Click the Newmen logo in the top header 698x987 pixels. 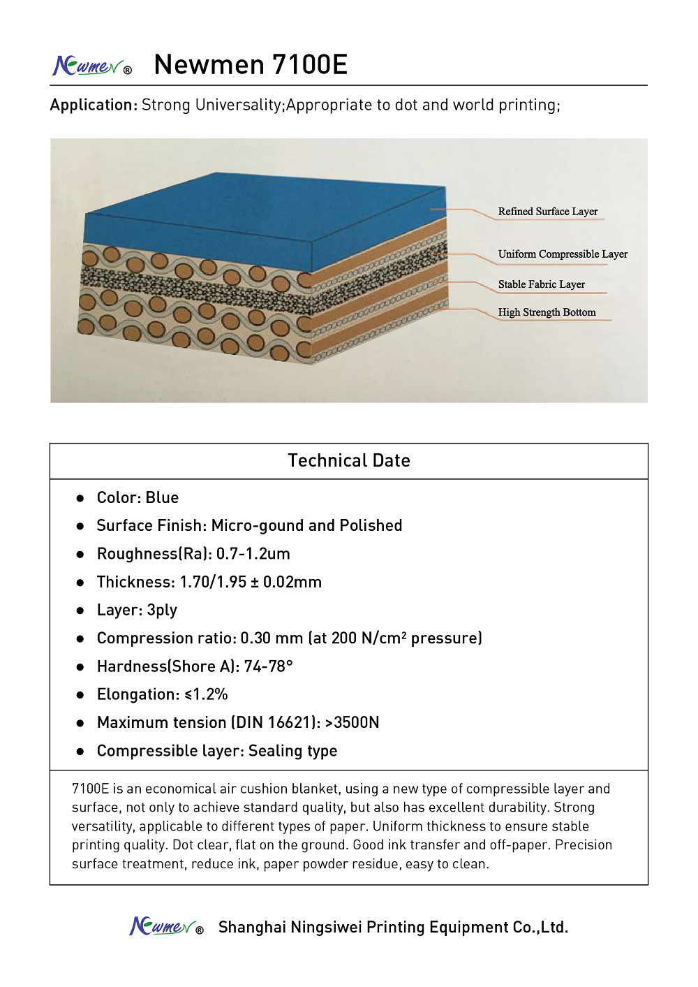tap(91, 66)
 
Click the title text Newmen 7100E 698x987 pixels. tap(251, 64)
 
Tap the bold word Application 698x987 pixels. tap(93, 105)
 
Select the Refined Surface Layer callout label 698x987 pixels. tap(548, 212)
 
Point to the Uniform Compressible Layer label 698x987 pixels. tap(563, 254)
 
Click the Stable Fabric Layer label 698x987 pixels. tap(542, 284)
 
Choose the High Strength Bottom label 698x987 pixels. tap(547, 312)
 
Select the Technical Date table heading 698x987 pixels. tap(349, 460)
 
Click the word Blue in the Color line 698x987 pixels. tap(162, 497)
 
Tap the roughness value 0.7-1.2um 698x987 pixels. tap(253, 554)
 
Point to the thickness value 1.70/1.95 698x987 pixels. tap(213, 582)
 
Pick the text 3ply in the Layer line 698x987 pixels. tap(162, 611)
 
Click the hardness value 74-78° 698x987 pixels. tap(268, 666)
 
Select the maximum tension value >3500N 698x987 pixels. tap(352, 722)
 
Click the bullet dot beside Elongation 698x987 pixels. tap(80, 695)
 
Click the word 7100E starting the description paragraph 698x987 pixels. tap(90, 789)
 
